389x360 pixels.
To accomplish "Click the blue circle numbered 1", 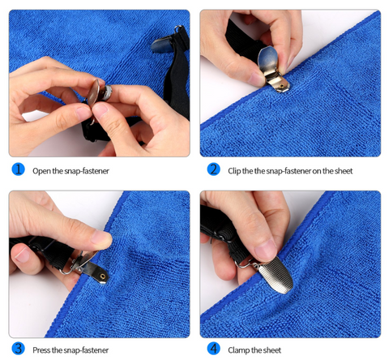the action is tap(18, 169).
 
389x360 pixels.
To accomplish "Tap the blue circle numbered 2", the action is tap(213, 169).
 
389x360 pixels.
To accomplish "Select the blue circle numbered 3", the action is tap(18, 349).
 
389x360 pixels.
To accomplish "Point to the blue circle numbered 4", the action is tap(213, 349).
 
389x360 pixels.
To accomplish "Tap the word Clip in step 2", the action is tap(234, 171).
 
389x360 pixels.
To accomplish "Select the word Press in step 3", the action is tap(41, 350).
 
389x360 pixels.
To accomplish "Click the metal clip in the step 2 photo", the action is tap(271, 69).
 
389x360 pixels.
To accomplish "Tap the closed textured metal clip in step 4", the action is tap(276, 274).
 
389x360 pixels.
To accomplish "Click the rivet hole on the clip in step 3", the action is tap(103, 276).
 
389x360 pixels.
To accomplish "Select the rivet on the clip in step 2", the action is tap(282, 86).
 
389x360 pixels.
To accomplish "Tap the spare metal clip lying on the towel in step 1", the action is tap(163, 45).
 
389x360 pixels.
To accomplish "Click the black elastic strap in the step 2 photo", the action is tap(242, 41).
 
